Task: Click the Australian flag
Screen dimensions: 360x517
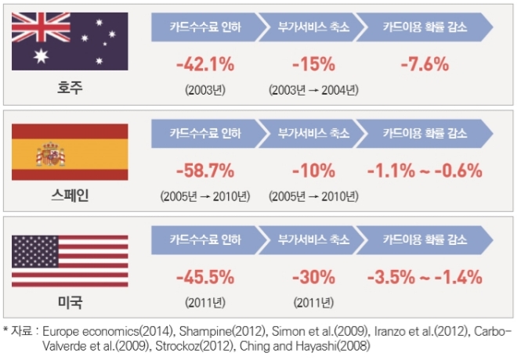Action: (70, 41)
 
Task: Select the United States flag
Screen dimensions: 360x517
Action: (70, 262)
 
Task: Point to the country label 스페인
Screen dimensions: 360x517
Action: (70, 196)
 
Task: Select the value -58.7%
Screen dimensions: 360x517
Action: (205, 171)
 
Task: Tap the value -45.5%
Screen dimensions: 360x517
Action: (205, 277)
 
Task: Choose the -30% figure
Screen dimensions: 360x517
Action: (313, 277)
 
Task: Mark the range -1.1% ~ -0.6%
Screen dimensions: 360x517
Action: (425, 171)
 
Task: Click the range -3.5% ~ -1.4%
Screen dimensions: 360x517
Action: (425, 277)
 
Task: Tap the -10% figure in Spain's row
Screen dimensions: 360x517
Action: (313, 171)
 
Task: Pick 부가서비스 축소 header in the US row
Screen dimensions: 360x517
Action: (313, 240)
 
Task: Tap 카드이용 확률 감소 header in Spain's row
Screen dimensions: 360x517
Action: (425, 134)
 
